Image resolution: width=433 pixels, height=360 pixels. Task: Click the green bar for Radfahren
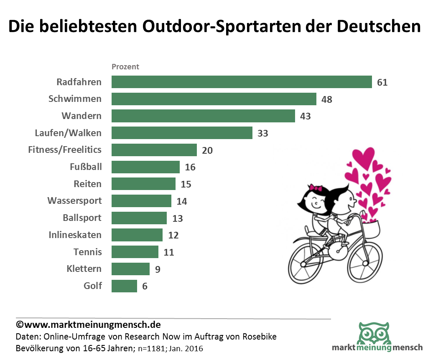tap(242, 82)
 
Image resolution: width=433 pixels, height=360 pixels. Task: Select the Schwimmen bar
tap(214, 99)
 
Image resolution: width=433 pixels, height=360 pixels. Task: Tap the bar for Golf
tap(124, 286)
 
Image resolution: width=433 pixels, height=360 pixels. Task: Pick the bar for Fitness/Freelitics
tap(154, 150)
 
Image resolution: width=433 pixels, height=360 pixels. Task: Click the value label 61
tap(382, 82)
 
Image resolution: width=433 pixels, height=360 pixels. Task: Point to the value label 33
tap(262, 134)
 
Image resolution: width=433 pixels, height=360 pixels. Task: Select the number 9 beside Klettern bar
tap(158, 269)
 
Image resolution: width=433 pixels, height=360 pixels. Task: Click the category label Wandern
tap(82, 116)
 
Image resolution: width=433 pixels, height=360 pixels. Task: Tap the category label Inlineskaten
tap(75, 235)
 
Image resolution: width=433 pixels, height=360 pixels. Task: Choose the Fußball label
tap(86, 167)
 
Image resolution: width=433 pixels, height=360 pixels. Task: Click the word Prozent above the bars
tap(125, 67)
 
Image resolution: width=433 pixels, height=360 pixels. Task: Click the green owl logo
tap(373, 333)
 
